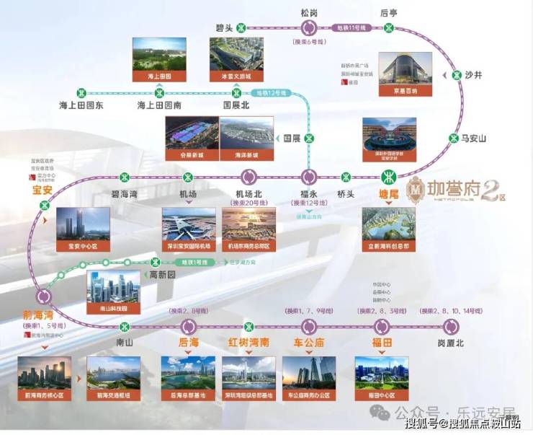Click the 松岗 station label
pyautogui.click(x=308, y=12)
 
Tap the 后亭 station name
pyautogui.click(x=389, y=12)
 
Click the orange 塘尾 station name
pyautogui.click(x=390, y=193)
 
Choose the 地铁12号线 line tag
pyautogui.click(x=272, y=93)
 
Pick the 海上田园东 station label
pyautogui.click(x=81, y=105)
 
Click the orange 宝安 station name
pyautogui.click(x=43, y=190)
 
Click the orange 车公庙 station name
pyautogui.click(x=308, y=341)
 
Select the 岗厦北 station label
pyautogui.click(x=451, y=343)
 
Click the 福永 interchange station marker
pyautogui.click(x=309, y=176)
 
